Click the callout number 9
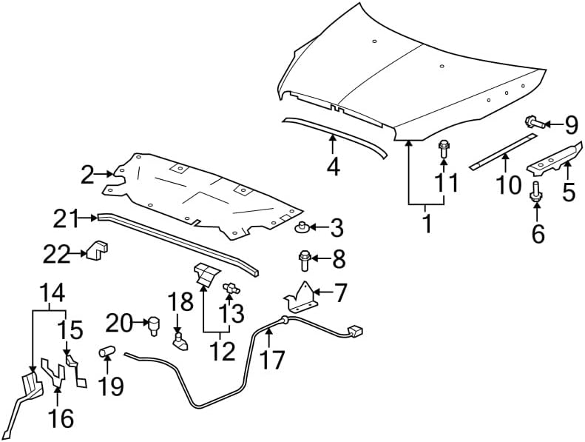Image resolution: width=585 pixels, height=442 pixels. tap(571, 125)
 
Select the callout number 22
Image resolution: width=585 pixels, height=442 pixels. tap(57, 254)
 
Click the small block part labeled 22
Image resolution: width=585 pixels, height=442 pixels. tap(97, 250)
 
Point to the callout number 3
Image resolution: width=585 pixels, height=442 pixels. tap(337, 228)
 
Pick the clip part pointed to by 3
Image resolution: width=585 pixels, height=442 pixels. tap(302, 227)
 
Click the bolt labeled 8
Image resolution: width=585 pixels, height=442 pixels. tap(304, 260)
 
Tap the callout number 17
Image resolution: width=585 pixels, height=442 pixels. tap(272, 359)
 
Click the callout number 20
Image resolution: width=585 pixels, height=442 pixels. tap(119, 323)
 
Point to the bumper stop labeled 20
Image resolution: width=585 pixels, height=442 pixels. tap(154, 326)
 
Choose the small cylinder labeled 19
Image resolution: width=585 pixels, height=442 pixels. tap(106, 352)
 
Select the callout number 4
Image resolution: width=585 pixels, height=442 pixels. tap(333, 167)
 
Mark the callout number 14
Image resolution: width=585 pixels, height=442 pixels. tap(53, 292)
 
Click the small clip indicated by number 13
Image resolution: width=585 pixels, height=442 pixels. tap(231, 288)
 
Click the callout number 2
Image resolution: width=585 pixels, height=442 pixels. tap(87, 175)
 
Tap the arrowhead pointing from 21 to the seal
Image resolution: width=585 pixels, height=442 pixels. tap(95, 218)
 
